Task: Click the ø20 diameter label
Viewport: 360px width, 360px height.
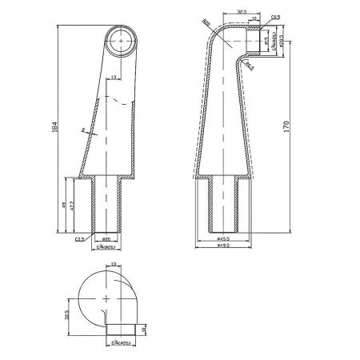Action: click(x=106, y=238)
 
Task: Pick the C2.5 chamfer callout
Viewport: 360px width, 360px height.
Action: click(x=80, y=238)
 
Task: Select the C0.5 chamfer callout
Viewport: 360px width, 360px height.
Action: click(x=274, y=15)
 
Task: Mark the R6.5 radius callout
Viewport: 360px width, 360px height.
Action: click(x=249, y=63)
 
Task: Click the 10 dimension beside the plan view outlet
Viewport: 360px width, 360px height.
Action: click(x=143, y=329)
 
